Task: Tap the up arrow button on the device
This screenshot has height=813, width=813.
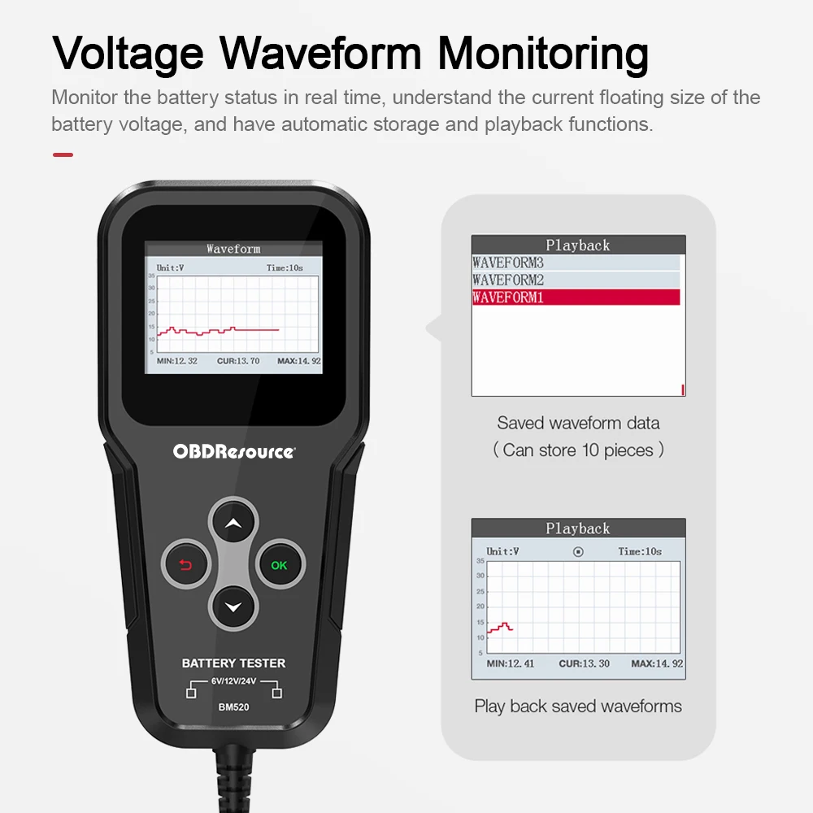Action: point(233,523)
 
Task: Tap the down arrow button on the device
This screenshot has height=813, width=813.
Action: point(233,607)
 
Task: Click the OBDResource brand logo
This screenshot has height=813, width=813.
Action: point(234,451)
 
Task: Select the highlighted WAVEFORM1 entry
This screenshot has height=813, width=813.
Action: point(576,297)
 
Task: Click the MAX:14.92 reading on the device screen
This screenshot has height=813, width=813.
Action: point(299,361)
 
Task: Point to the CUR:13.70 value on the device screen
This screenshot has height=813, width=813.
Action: point(238,361)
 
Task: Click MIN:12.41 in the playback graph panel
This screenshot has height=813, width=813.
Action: point(511,663)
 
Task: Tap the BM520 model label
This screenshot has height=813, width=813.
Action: point(234,707)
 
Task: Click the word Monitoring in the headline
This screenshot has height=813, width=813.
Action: point(543,54)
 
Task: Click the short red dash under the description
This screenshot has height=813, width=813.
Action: point(63,154)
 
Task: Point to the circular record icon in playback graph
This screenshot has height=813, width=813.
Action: point(578,552)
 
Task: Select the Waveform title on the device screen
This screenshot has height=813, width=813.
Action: point(233,249)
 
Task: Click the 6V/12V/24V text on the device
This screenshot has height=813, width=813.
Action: point(234,680)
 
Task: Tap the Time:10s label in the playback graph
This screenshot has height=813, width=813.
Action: point(640,552)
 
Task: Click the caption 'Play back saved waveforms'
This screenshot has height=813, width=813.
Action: point(578,706)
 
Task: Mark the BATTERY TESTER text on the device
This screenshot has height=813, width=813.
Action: point(234,663)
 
